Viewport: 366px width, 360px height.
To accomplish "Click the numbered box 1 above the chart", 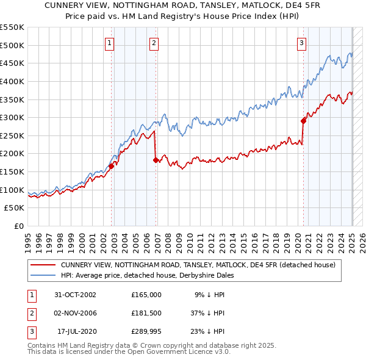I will (x=109, y=43).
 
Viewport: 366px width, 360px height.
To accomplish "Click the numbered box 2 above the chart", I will (x=154, y=43).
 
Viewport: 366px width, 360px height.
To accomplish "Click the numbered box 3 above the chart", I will (x=301, y=43).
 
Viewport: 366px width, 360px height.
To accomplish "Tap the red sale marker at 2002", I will (x=112, y=166).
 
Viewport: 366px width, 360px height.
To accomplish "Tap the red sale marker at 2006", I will (x=156, y=160).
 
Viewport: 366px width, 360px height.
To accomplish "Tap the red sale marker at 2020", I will (x=303, y=121).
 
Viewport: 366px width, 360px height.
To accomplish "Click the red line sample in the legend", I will (x=43, y=265).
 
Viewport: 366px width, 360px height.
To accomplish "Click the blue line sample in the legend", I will (x=43, y=275).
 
